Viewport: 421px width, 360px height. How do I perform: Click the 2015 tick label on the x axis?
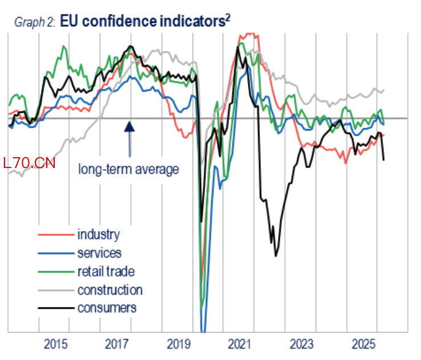[56, 344]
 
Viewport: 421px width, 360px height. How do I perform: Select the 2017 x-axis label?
[117, 344]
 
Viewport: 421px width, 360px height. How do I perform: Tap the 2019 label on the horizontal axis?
[179, 344]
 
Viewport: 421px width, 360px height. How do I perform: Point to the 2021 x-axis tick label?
[240, 344]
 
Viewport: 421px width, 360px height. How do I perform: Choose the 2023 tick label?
[302, 344]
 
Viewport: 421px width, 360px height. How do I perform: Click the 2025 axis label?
[363, 344]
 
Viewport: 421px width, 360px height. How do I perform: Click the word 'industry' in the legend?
[99, 235]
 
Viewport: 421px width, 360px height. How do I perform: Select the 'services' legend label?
[99, 253]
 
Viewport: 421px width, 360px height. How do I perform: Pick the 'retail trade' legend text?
[106, 271]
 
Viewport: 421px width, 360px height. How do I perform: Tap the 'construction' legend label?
[110, 290]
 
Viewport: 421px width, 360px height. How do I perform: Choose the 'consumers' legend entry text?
[107, 308]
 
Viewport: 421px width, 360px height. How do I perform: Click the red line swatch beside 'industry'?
[56, 235]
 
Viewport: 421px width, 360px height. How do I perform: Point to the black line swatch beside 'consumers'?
[56, 308]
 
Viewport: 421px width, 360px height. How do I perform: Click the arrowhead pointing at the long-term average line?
[129, 126]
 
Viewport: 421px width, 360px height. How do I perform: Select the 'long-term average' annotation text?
[129, 169]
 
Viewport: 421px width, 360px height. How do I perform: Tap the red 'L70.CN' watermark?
[29, 163]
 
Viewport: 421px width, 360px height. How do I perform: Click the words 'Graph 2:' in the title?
[35, 22]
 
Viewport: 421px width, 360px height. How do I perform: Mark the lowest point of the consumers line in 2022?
[276, 256]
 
